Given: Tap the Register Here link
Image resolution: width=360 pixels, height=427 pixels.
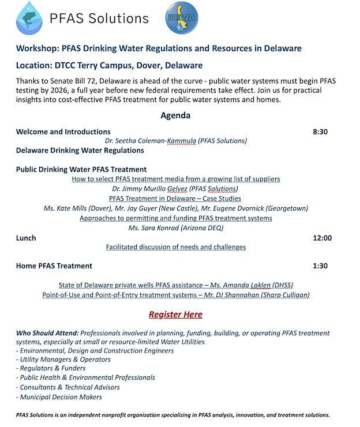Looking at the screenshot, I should [x=175, y=314].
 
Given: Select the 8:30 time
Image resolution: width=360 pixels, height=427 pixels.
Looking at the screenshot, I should [x=320, y=132].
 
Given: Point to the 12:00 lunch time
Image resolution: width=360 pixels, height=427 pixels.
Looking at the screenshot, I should [x=322, y=238].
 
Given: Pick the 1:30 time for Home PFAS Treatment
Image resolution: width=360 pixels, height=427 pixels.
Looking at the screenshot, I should [x=320, y=266].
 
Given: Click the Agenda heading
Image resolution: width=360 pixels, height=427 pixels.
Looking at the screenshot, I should [x=175, y=115].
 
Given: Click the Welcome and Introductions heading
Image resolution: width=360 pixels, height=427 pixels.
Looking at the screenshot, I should [x=63, y=132].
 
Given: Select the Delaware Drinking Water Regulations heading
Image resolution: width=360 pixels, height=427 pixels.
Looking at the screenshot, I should [x=80, y=151].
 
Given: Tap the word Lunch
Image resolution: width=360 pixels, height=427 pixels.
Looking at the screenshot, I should [x=26, y=238].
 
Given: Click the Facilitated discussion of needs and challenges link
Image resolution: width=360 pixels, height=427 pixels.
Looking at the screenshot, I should [x=175, y=247].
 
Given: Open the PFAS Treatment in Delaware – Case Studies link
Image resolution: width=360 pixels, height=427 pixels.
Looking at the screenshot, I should [x=175, y=198].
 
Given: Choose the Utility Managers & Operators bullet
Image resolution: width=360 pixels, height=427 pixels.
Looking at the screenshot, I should [x=64, y=359].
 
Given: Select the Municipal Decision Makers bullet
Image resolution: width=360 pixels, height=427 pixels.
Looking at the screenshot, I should [x=60, y=397].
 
